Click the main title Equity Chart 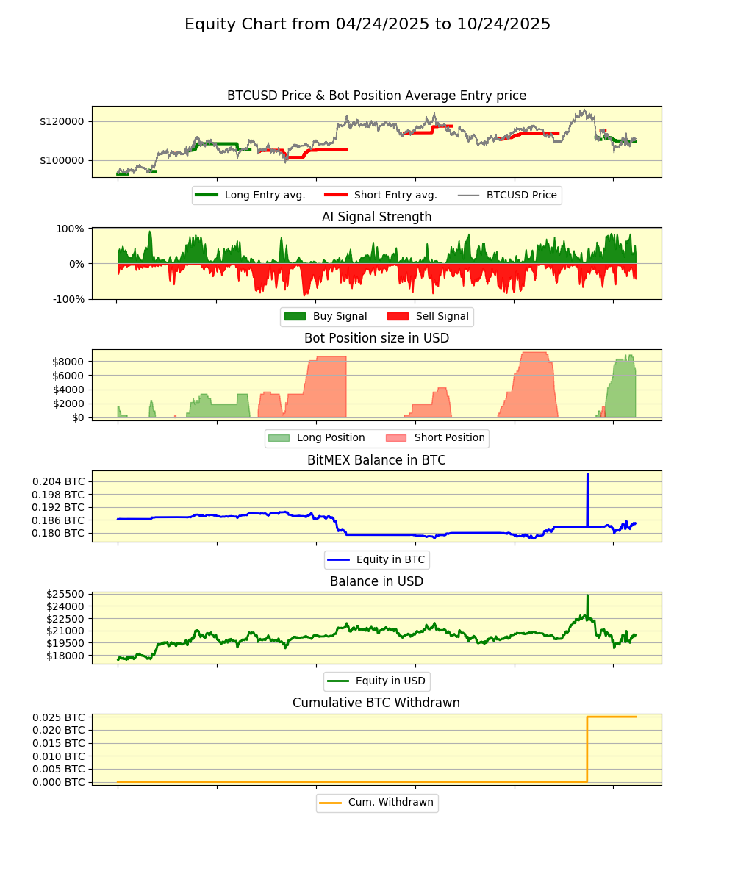pyautogui.click(x=367, y=24)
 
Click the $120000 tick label pyautogui.click(x=62, y=121)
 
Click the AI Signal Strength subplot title pyautogui.click(x=376, y=217)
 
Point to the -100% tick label pyautogui.click(x=68, y=299)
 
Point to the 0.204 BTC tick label pyautogui.click(x=58, y=481)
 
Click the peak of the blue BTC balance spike pyautogui.click(x=587, y=474)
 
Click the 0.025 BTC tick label pyautogui.click(x=58, y=717)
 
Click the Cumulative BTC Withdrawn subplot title pyautogui.click(x=376, y=703)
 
